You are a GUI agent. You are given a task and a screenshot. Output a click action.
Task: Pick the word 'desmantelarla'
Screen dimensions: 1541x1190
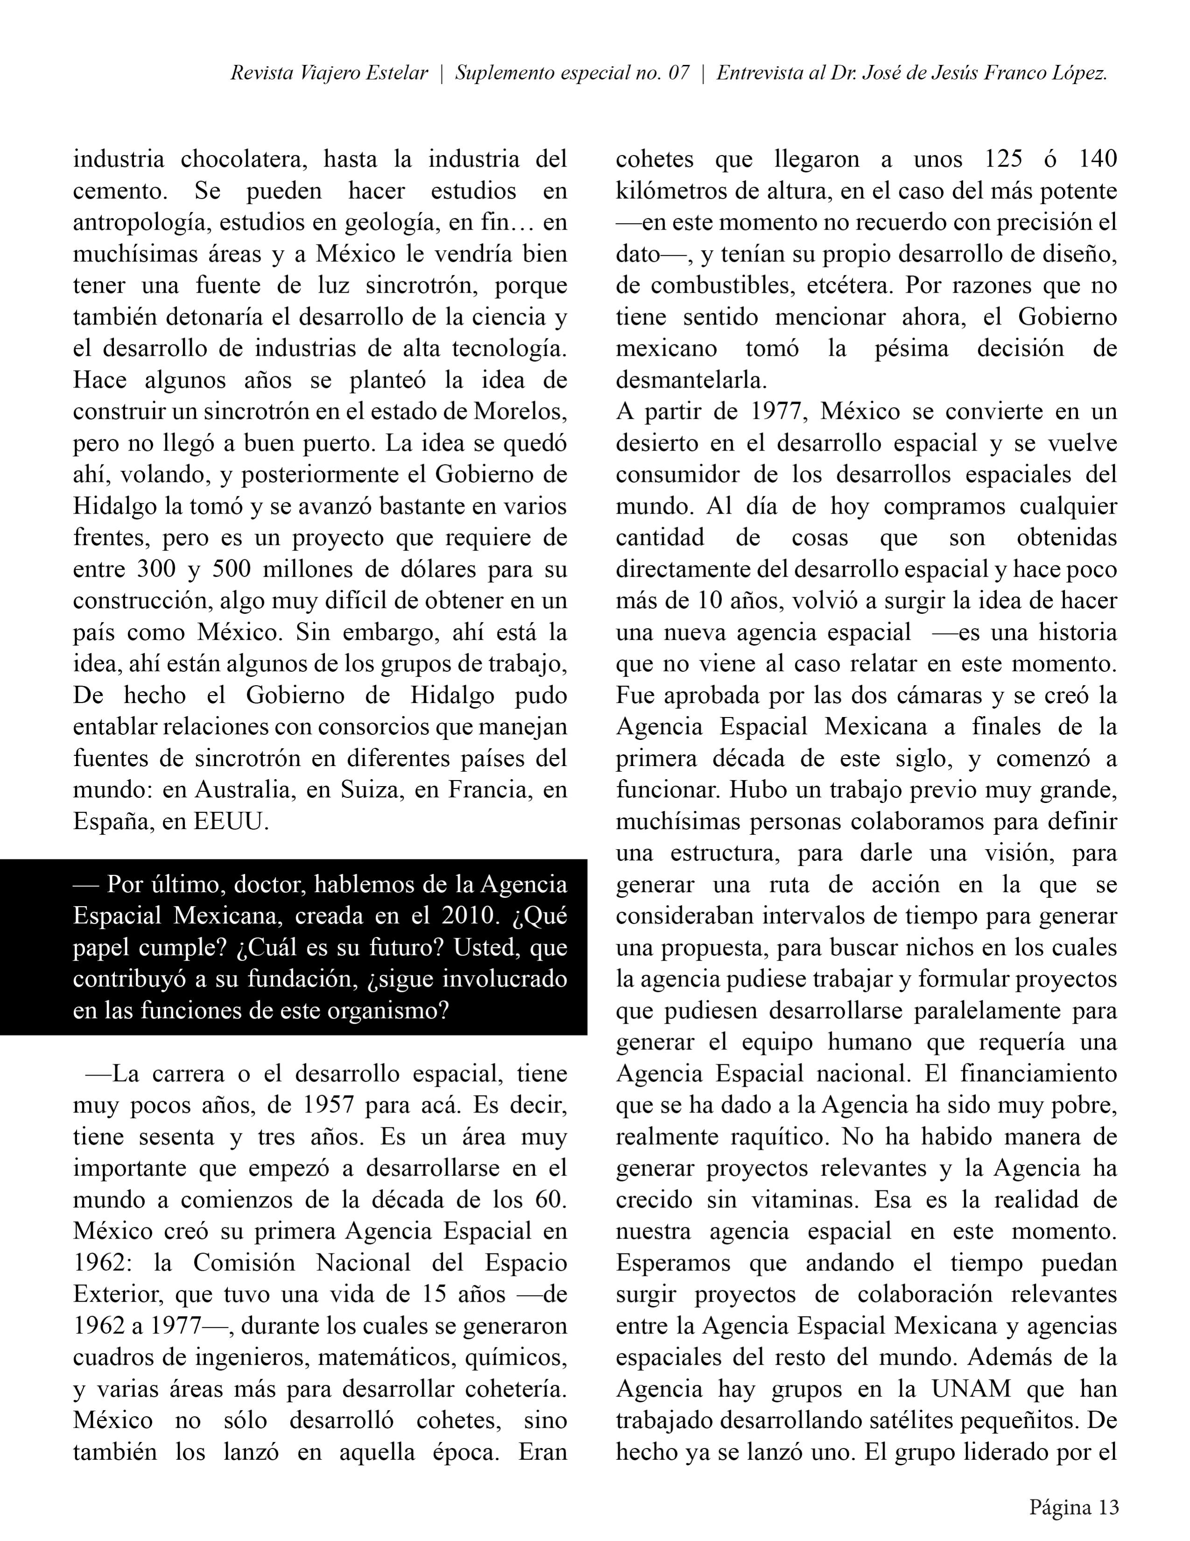pos(689,381)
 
